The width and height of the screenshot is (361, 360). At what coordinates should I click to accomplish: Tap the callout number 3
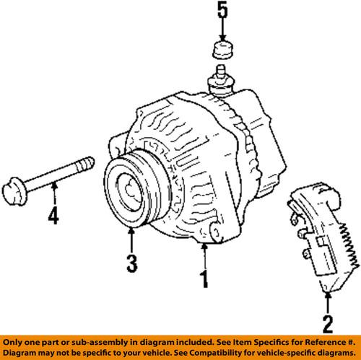pyautogui.click(x=130, y=263)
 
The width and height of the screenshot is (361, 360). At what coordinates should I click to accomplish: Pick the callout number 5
pyautogui.click(x=222, y=12)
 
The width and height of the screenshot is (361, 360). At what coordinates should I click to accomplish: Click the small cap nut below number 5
pyautogui.click(x=222, y=51)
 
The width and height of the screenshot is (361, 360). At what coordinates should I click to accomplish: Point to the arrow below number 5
pyautogui.click(x=222, y=32)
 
